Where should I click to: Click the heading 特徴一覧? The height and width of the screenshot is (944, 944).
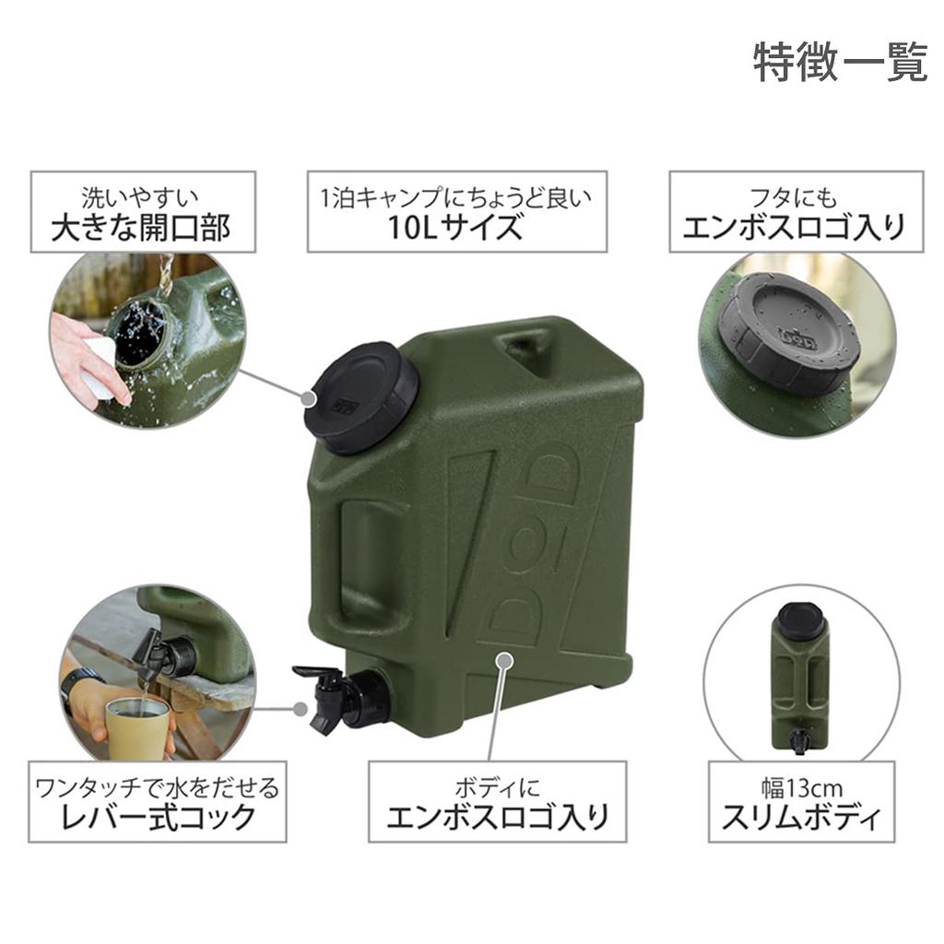[840, 62]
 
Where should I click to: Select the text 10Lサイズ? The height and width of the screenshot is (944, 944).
[456, 227]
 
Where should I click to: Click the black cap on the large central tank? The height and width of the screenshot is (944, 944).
[360, 395]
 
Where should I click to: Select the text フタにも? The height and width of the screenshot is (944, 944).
[796, 196]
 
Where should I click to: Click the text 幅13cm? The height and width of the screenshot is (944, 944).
[801, 788]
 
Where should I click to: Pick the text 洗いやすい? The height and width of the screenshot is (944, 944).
[141, 196]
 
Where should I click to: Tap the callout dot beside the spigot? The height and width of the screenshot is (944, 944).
[301, 709]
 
